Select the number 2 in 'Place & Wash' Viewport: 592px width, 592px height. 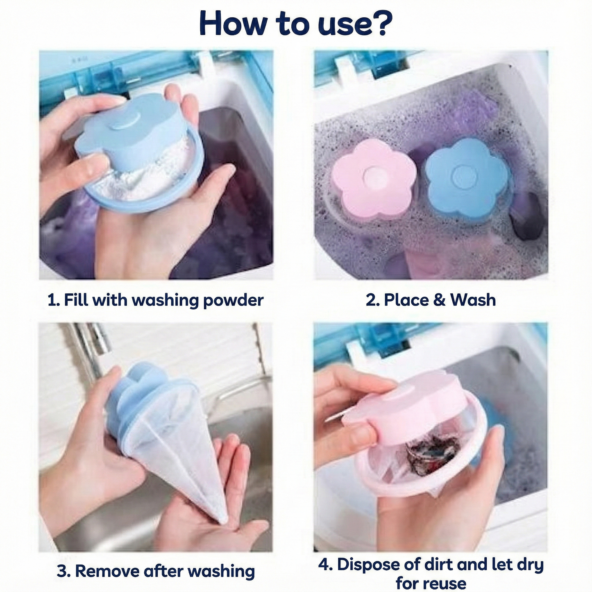370,300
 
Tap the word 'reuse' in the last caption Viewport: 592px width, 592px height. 444,583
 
